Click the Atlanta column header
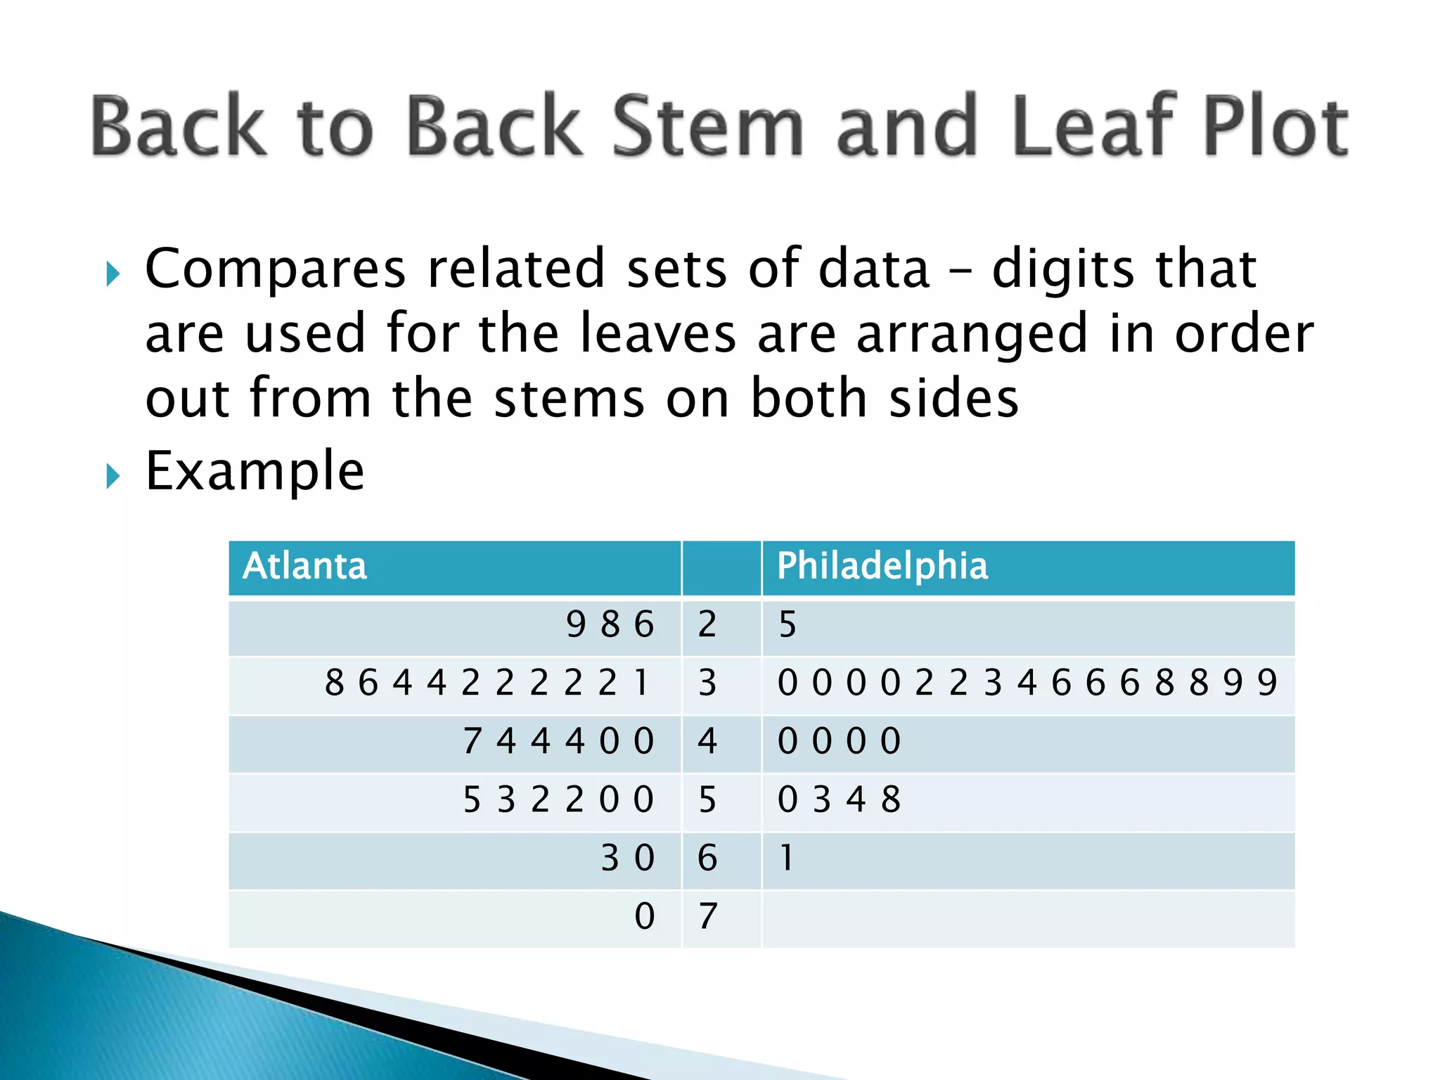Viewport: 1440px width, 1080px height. coord(304,566)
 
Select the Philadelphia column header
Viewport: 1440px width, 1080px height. coord(882,566)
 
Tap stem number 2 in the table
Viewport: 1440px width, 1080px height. coord(707,624)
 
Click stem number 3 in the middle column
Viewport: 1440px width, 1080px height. coord(707,683)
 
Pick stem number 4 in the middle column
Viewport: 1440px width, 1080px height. coord(707,741)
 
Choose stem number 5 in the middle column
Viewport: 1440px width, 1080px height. coord(707,799)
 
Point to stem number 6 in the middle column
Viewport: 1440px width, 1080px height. coord(707,858)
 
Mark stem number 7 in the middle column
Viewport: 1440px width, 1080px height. coord(707,916)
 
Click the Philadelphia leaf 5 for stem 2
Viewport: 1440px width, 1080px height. coord(787,624)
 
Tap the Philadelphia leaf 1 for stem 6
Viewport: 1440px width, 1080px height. coord(786,858)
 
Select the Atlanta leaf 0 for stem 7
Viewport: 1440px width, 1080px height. coord(644,916)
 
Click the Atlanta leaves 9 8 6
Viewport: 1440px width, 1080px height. coord(610,624)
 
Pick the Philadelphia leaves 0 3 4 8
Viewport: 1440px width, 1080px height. coord(839,799)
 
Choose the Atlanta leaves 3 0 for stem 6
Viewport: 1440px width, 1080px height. coord(627,858)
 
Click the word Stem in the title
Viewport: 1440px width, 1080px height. coord(707,127)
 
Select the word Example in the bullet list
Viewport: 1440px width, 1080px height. coord(255,471)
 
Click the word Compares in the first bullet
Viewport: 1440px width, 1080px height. coord(276,269)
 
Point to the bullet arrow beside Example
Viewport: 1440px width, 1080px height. coord(112,477)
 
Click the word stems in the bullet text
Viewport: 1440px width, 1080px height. coord(570,399)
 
